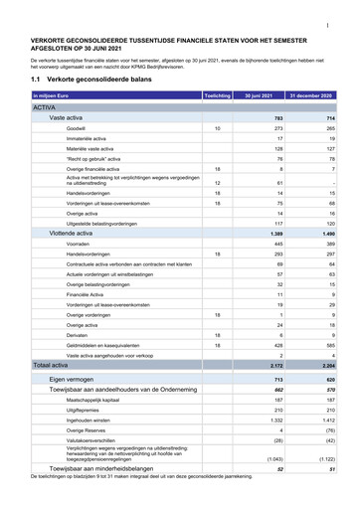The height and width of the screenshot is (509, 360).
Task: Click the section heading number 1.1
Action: [x=37, y=78]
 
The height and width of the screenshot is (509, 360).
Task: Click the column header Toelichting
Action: [x=216, y=95]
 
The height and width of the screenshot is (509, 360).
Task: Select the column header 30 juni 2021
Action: [x=264, y=95]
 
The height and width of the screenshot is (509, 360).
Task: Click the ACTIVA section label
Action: [x=44, y=106]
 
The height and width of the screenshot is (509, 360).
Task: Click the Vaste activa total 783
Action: [x=278, y=117]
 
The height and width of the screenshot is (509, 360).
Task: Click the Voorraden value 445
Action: [x=278, y=244]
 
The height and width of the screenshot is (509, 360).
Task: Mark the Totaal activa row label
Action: [x=51, y=366]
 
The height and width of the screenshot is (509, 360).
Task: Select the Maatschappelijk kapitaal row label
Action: [x=95, y=404]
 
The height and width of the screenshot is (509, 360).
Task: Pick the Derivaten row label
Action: [x=77, y=335]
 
